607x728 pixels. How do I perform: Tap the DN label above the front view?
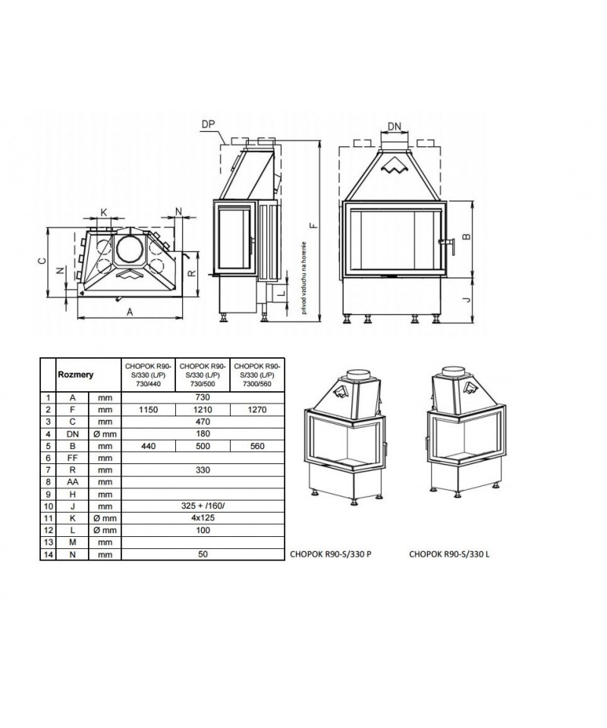pyautogui.click(x=395, y=126)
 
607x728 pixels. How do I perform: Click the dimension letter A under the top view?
pyautogui.click(x=130, y=311)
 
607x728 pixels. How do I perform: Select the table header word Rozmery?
pyautogui.click(x=74, y=374)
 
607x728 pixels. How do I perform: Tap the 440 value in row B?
pyautogui.click(x=148, y=447)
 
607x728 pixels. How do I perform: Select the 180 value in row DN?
pyautogui.click(x=202, y=434)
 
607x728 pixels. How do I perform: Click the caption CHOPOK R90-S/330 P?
pyautogui.click(x=331, y=554)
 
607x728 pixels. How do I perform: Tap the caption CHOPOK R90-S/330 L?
pyautogui.click(x=449, y=554)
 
